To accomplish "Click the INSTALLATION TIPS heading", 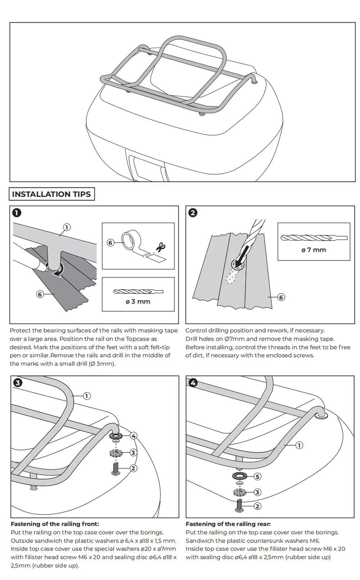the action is coord(51,194).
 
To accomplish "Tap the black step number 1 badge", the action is coord(17,213).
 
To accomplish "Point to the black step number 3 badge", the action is coord(17,383).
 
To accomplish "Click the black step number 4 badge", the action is coord(193,383).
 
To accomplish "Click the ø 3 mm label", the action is coord(138,301).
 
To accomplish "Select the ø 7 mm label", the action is coord(314,250).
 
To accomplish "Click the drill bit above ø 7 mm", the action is coord(314,238).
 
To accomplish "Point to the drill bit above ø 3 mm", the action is coord(138,292).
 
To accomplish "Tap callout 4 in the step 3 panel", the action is coord(134,436).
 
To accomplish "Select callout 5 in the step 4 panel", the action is coord(257,476).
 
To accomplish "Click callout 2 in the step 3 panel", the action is coord(133,468).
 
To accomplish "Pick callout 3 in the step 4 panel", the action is coord(257,492).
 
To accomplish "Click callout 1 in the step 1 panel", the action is coord(67,227).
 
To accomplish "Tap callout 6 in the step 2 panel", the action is coord(281,297).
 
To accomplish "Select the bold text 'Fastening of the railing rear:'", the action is coord(228,524).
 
